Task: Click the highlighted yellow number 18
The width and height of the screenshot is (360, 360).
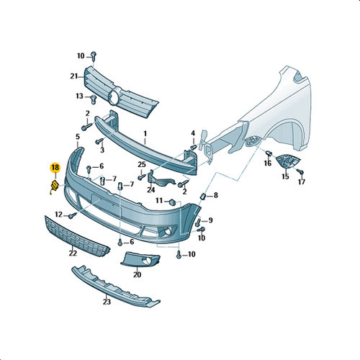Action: point(55,168)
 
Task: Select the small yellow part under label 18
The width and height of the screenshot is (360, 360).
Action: point(55,186)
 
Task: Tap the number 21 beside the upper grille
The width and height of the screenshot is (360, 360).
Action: point(74,76)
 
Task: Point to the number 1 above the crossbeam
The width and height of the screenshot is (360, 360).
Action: point(145,134)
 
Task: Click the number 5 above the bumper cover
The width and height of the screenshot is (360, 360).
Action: point(78,137)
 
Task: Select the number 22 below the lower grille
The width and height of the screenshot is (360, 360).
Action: point(73,253)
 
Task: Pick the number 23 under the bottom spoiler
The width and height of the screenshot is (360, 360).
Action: point(107,302)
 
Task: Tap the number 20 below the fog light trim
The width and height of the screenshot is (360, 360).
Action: point(138,274)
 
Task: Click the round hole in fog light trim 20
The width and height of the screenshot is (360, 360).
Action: point(145,261)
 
